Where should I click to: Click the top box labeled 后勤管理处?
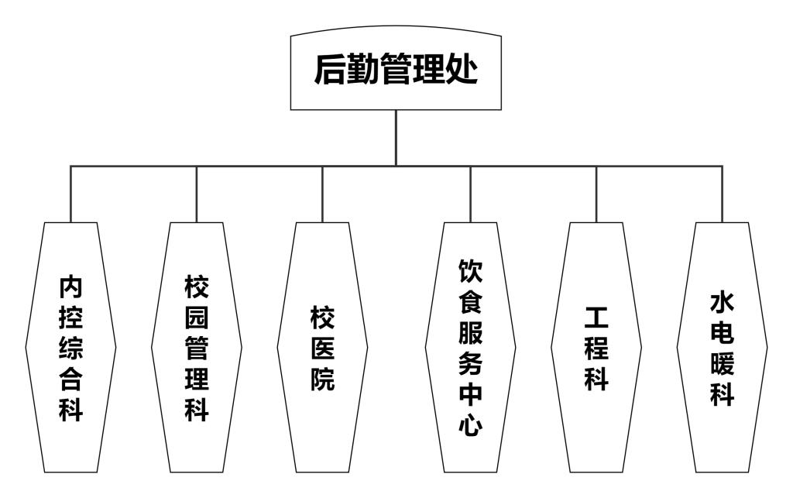(396, 70)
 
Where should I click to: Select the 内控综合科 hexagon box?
(70, 347)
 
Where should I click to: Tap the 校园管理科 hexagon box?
(197, 347)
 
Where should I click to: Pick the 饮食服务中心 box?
(470, 347)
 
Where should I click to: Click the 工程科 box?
(596, 347)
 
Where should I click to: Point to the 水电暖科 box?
(722, 347)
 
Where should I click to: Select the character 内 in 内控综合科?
(70, 287)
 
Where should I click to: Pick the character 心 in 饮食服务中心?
(470, 424)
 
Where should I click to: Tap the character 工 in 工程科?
(596, 318)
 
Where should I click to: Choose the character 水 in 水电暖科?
(722, 302)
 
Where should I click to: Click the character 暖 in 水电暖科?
(722, 364)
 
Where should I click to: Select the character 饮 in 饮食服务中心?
(470, 270)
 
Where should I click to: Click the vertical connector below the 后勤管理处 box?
(396, 138)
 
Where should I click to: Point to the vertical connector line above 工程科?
(596, 194)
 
